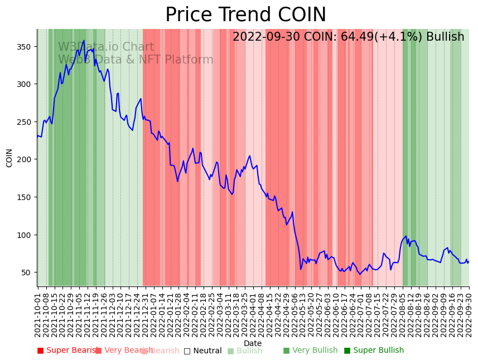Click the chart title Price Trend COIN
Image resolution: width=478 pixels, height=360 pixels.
coord(245,15)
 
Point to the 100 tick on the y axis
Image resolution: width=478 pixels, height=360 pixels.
coord(27,235)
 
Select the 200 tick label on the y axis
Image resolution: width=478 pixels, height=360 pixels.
coord(27,159)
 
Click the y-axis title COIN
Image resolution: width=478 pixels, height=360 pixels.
coord(9,158)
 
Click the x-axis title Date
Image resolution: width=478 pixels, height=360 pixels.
coord(253,343)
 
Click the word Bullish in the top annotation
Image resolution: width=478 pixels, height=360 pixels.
coord(445,37)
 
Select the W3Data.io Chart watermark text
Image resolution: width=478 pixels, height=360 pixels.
coord(106,47)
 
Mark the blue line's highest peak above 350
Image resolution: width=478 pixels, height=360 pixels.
coord(84,41)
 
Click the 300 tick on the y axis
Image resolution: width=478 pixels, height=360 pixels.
coord(27,84)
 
